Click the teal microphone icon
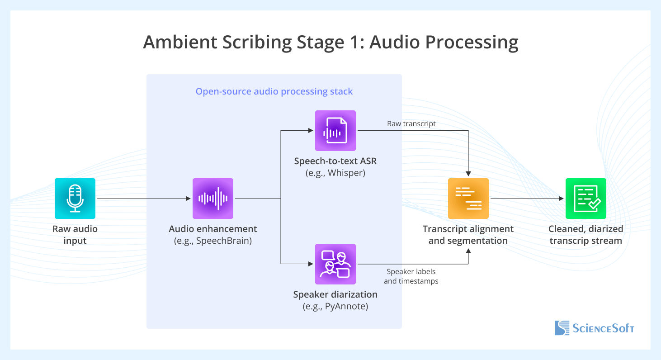tap(75, 199)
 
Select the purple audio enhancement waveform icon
tap(213, 199)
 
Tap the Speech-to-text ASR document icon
tap(335, 131)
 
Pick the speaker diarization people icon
tap(335, 264)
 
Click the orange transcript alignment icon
tap(468, 199)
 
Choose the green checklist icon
tap(586, 199)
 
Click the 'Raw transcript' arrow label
tap(411, 123)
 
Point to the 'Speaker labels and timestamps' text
tap(411, 276)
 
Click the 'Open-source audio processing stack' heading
tap(274, 91)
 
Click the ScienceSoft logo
tap(594, 328)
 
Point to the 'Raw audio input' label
tap(75, 235)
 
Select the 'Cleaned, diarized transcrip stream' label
tap(586, 235)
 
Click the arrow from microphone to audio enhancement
tap(142, 199)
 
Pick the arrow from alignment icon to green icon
tap(527, 199)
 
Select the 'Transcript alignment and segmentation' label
tap(468, 235)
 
